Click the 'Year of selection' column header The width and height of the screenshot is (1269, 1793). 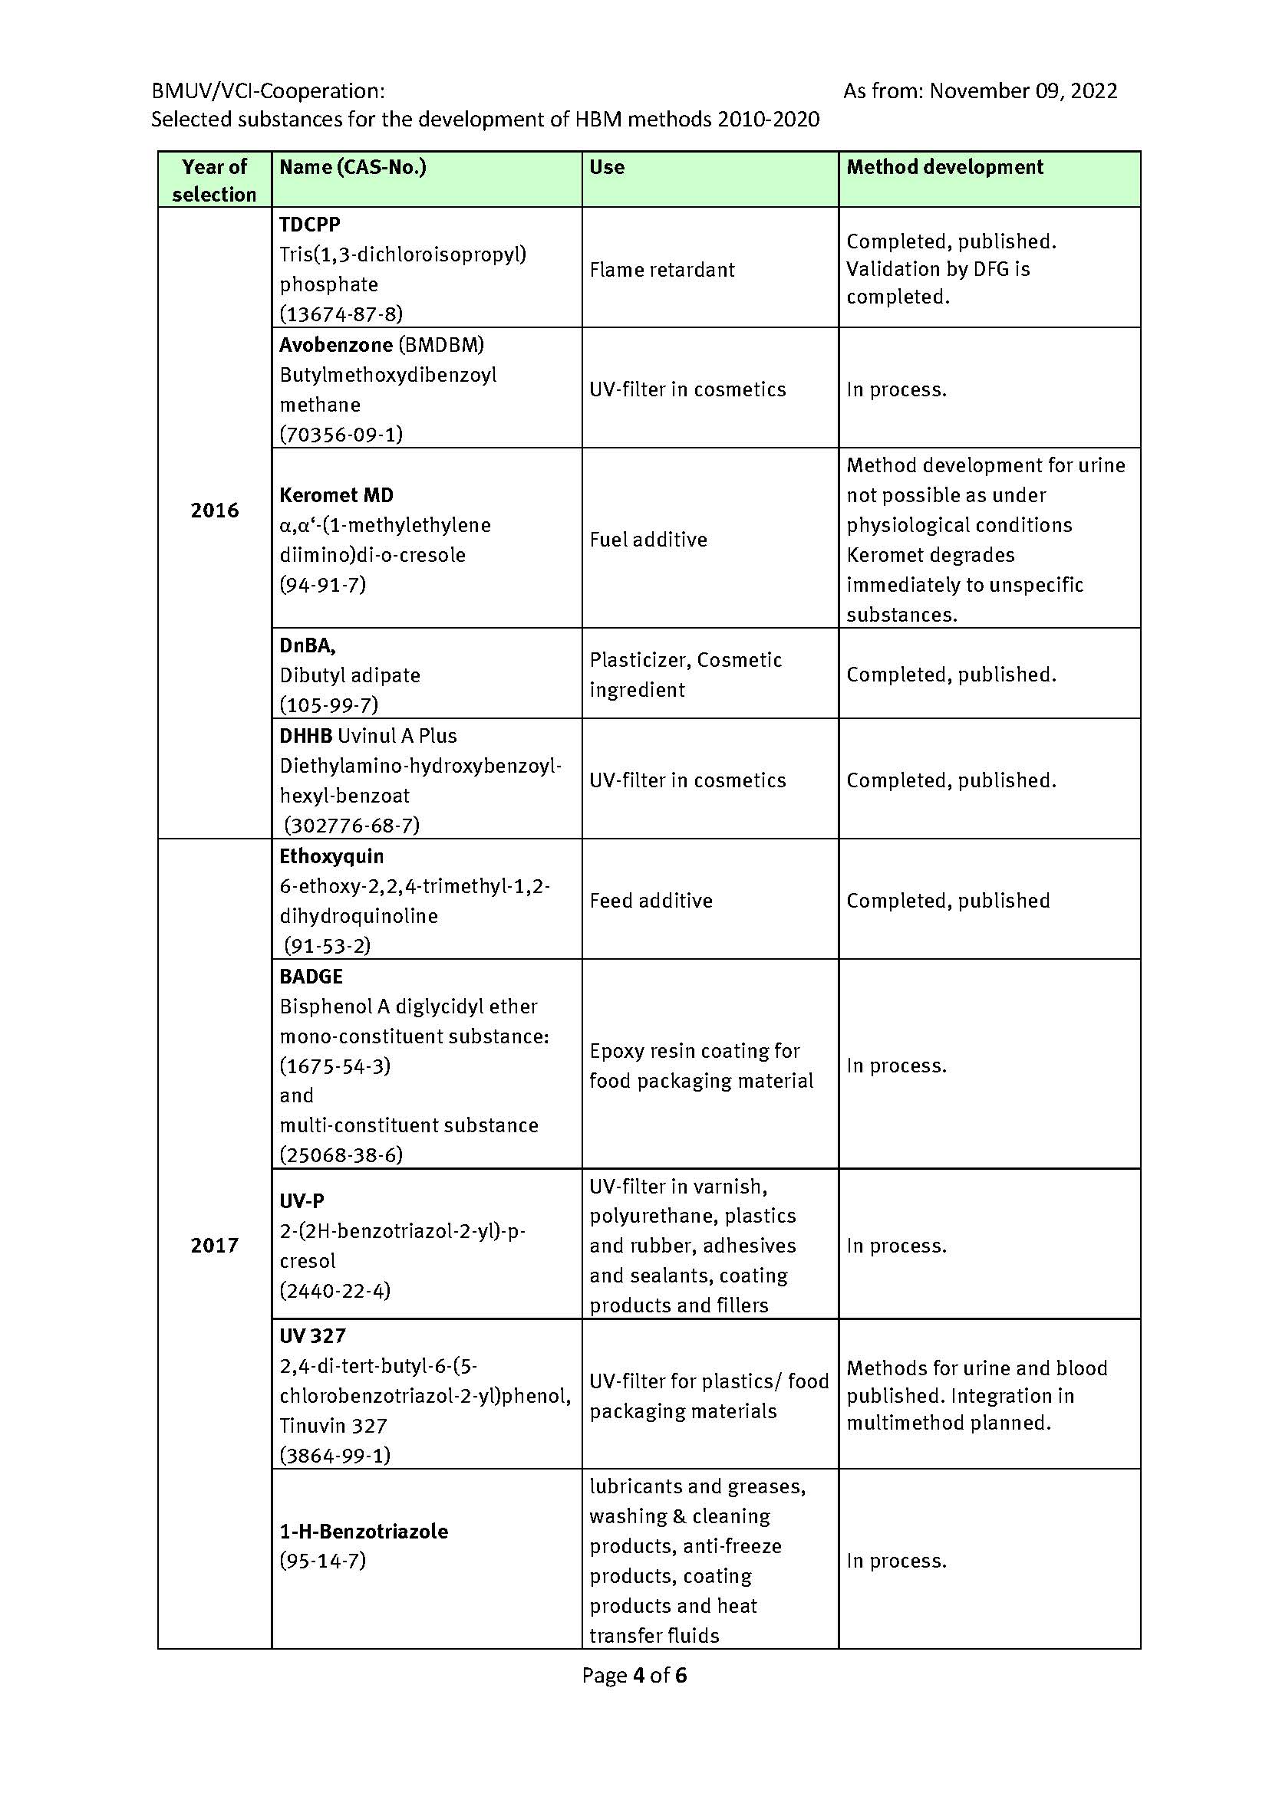pyautogui.click(x=214, y=179)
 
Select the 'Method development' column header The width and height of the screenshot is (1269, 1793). pyautogui.click(x=944, y=167)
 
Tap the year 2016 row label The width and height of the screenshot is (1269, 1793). pyautogui.click(x=214, y=511)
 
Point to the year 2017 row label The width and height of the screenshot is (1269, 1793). pyautogui.click(x=214, y=1245)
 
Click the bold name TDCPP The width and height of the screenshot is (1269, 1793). pyautogui.click(x=309, y=224)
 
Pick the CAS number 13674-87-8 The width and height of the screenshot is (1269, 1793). pyautogui.click(x=341, y=314)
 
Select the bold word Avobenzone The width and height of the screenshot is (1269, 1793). pyautogui.click(x=335, y=344)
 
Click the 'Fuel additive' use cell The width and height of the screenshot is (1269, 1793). pyautogui.click(x=648, y=540)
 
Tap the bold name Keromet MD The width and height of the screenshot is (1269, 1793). pyautogui.click(x=336, y=495)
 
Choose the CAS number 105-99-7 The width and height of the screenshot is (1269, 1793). pyautogui.click(x=329, y=705)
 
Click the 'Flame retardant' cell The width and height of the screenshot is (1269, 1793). pyautogui.click(x=662, y=269)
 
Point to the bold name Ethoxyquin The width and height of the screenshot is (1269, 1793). pyautogui.click(x=331, y=856)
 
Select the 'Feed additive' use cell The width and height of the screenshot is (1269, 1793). pyautogui.click(x=651, y=901)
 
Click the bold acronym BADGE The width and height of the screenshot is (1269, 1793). pyautogui.click(x=311, y=976)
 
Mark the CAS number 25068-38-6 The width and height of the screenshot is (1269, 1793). pyautogui.click(x=341, y=1155)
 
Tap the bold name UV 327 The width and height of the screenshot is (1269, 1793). pyautogui.click(x=312, y=1336)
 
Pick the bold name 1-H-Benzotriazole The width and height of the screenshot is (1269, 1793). pyautogui.click(x=364, y=1531)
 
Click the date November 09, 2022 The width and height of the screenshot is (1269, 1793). pyautogui.click(x=1023, y=91)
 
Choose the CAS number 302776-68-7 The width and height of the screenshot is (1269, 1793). pyautogui.click(x=351, y=826)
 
